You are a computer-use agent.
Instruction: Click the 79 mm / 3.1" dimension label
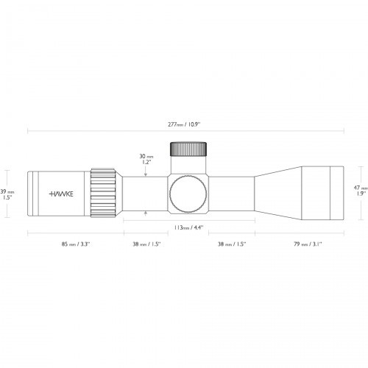click(307, 244)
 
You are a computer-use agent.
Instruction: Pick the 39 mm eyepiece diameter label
click(9, 194)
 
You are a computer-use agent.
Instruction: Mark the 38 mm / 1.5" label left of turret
click(146, 244)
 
